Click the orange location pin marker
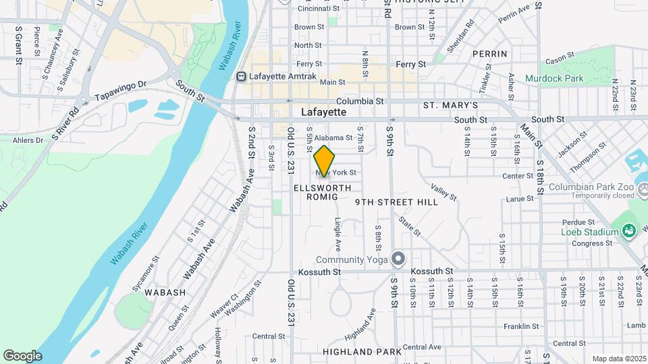[x=325, y=161]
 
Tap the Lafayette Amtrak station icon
[x=241, y=77]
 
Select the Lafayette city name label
[x=323, y=112]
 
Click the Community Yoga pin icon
[x=399, y=260]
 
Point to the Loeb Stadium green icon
[x=629, y=232]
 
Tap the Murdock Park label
[x=554, y=79]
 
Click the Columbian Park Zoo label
[x=591, y=187]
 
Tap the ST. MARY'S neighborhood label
[x=450, y=106]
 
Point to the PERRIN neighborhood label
[x=489, y=54]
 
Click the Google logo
[x=22, y=355]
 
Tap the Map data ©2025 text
[x=618, y=359]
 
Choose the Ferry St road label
[x=410, y=65]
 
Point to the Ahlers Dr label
[x=28, y=140]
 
